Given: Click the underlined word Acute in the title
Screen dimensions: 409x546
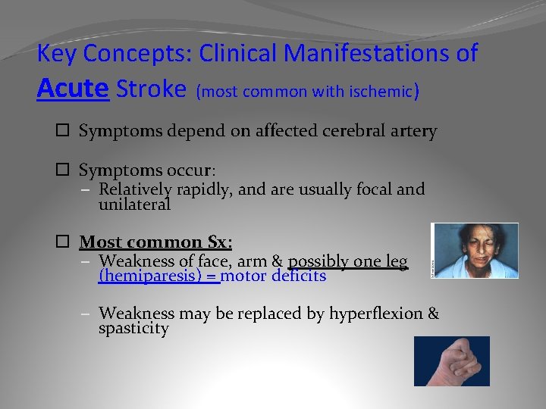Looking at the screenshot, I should (74, 89).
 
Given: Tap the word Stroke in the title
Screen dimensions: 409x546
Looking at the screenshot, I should (151, 89).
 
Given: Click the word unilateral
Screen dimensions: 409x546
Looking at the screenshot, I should (134, 204).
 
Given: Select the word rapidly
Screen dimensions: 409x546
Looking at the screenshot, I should (202, 189).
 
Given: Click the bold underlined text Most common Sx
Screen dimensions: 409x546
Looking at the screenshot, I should (155, 242).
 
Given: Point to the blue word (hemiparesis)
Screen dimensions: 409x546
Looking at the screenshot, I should (158, 276).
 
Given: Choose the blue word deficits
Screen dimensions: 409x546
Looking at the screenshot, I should (298, 276).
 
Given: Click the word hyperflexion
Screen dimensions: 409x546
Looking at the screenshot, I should (378, 314).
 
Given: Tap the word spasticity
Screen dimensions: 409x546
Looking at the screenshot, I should (133, 329).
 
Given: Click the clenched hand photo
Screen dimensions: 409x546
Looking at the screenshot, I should (452, 361).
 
